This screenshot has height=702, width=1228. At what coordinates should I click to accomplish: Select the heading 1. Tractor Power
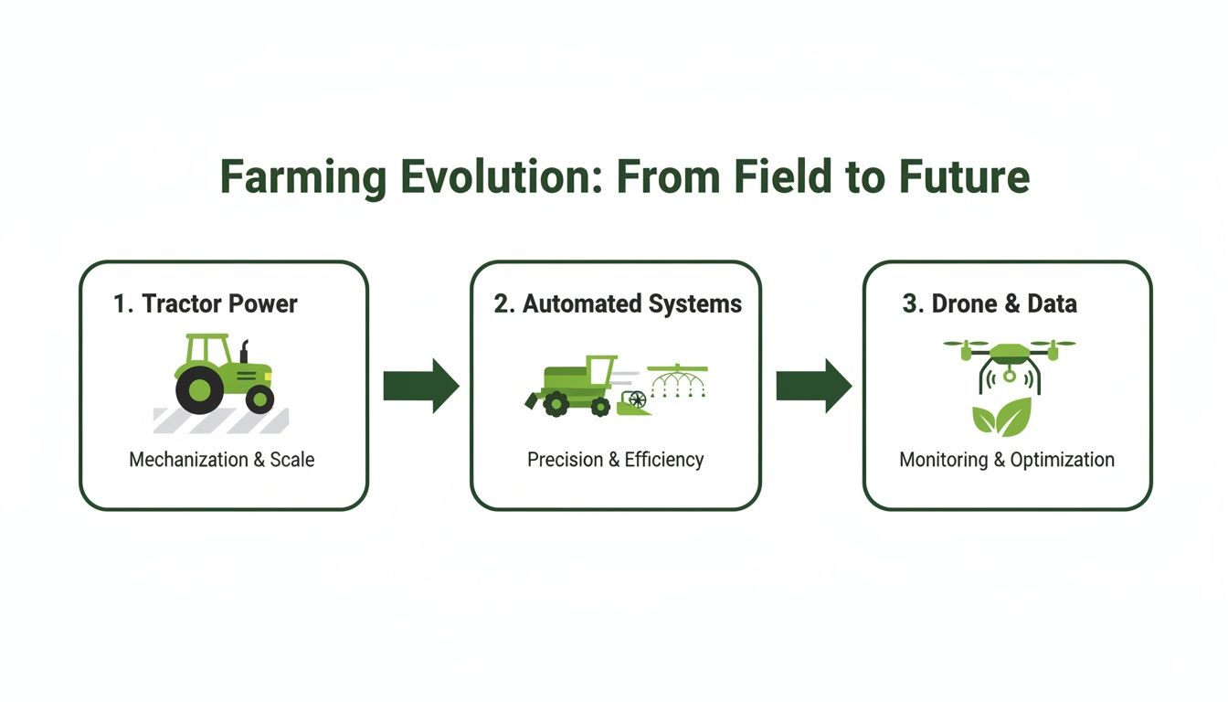tap(206, 303)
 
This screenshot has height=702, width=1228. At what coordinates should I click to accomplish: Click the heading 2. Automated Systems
tap(618, 303)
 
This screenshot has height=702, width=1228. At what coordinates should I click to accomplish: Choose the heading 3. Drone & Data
tap(990, 303)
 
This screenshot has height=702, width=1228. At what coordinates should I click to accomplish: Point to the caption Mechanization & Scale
tap(222, 460)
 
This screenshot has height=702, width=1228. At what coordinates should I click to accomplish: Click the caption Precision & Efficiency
tap(616, 460)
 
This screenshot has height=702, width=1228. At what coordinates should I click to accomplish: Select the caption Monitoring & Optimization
tap(1007, 460)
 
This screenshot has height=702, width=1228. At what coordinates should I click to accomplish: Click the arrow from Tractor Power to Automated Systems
tap(420, 386)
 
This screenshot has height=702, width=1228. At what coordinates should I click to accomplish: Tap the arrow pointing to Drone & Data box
tap(813, 386)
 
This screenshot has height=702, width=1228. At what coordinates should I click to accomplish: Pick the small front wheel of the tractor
tap(259, 399)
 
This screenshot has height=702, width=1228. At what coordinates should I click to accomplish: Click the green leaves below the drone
tap(1000, 416)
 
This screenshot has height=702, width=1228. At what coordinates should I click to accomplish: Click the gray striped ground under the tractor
tap(220, 420)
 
